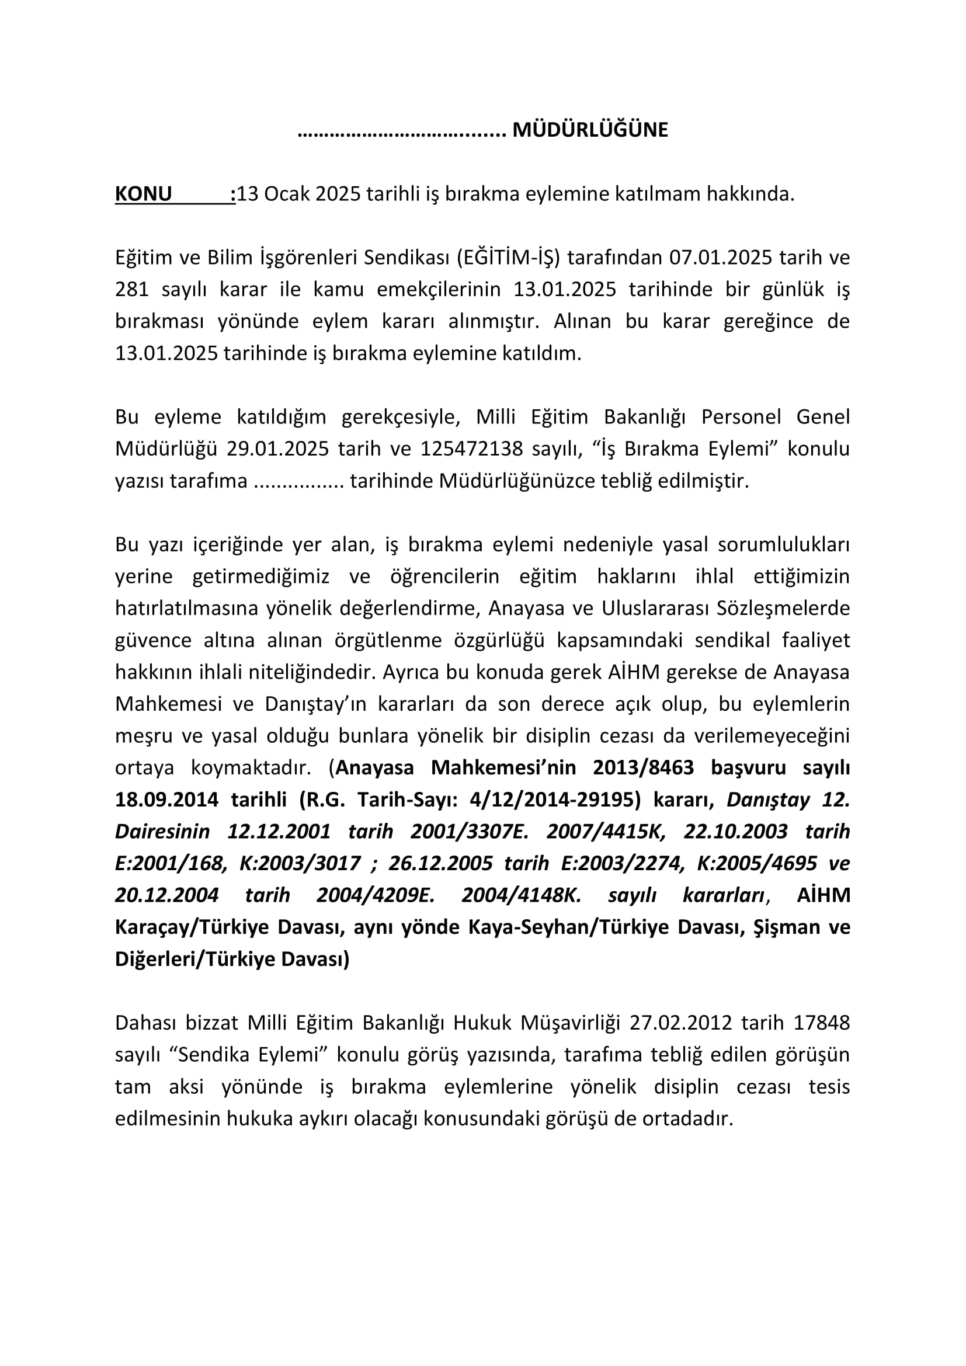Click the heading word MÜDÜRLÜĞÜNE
click(x=590, y=130)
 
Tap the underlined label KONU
click(x=143, y=194)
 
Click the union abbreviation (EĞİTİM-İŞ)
click(x=509, y=258)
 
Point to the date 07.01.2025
click(x=721, y=258)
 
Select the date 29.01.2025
click(x=278, y=449)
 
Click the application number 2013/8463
click(x=644, y=768)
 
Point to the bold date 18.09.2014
click(x=166, y=800)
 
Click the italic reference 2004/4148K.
click(x=522, y=895)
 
